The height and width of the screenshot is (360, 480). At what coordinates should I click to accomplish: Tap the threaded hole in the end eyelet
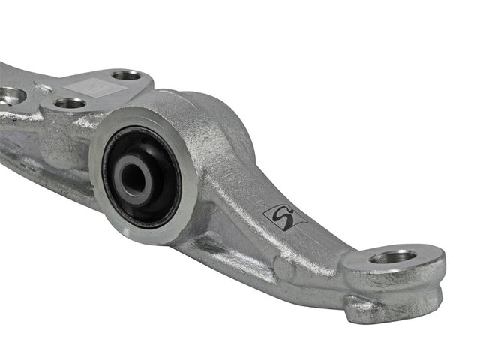point(393,256)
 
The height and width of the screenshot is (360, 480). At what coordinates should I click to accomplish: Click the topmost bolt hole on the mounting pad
point(127,75)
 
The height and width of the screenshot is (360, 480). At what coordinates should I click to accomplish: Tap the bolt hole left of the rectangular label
point(70,103)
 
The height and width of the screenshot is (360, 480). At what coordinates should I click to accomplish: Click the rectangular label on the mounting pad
point(95,85)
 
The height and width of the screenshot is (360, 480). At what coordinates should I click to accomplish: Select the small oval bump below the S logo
point(283,264)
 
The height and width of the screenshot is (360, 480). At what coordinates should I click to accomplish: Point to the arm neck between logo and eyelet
point(322,240)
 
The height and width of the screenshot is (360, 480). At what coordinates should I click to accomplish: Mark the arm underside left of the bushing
point(45,165)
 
